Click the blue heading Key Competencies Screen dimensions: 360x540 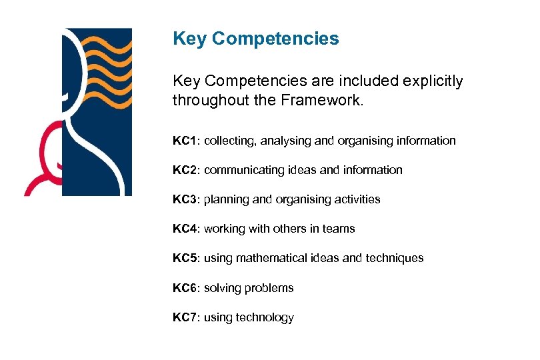[x=255, y=39]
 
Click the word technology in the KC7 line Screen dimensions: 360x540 [x=265, y=317]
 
